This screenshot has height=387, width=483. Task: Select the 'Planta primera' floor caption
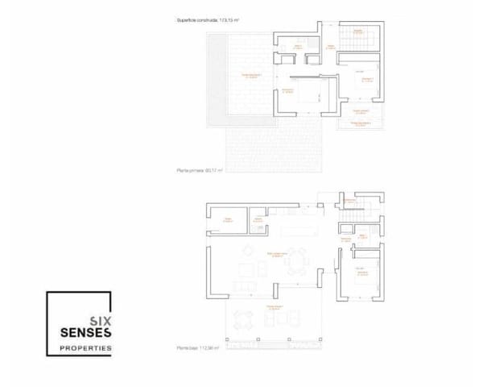(199, 171)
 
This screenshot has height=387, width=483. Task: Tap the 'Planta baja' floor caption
(198, 348)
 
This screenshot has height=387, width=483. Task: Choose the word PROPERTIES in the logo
(86, 348)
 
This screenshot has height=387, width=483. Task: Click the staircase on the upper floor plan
(356, 37)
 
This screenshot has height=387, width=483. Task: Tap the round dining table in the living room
(299, 261)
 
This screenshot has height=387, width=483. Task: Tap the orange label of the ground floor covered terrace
(272, 307)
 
